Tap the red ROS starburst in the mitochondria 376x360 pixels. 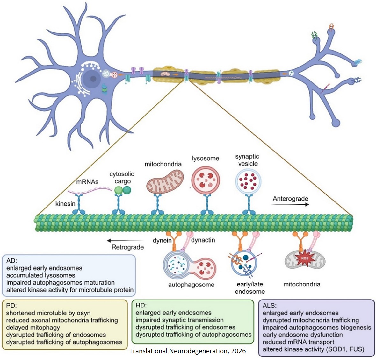(305, 258)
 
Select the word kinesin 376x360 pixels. (65, 204)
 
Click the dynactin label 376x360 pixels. (203, 240)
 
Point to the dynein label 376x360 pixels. (162, 240)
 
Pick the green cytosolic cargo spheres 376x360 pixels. (123, 190)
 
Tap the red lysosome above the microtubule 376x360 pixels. (206, 180)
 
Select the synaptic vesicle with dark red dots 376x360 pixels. (248, 181)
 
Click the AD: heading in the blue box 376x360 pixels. (11, 261)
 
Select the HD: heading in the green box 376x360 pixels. (141, 305)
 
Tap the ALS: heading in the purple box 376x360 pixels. (270, 306)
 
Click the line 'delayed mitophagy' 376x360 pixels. (33, 328)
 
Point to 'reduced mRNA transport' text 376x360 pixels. (298, 342)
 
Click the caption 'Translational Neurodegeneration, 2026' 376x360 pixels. (187, 351)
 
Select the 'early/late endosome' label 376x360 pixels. (250, 288)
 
